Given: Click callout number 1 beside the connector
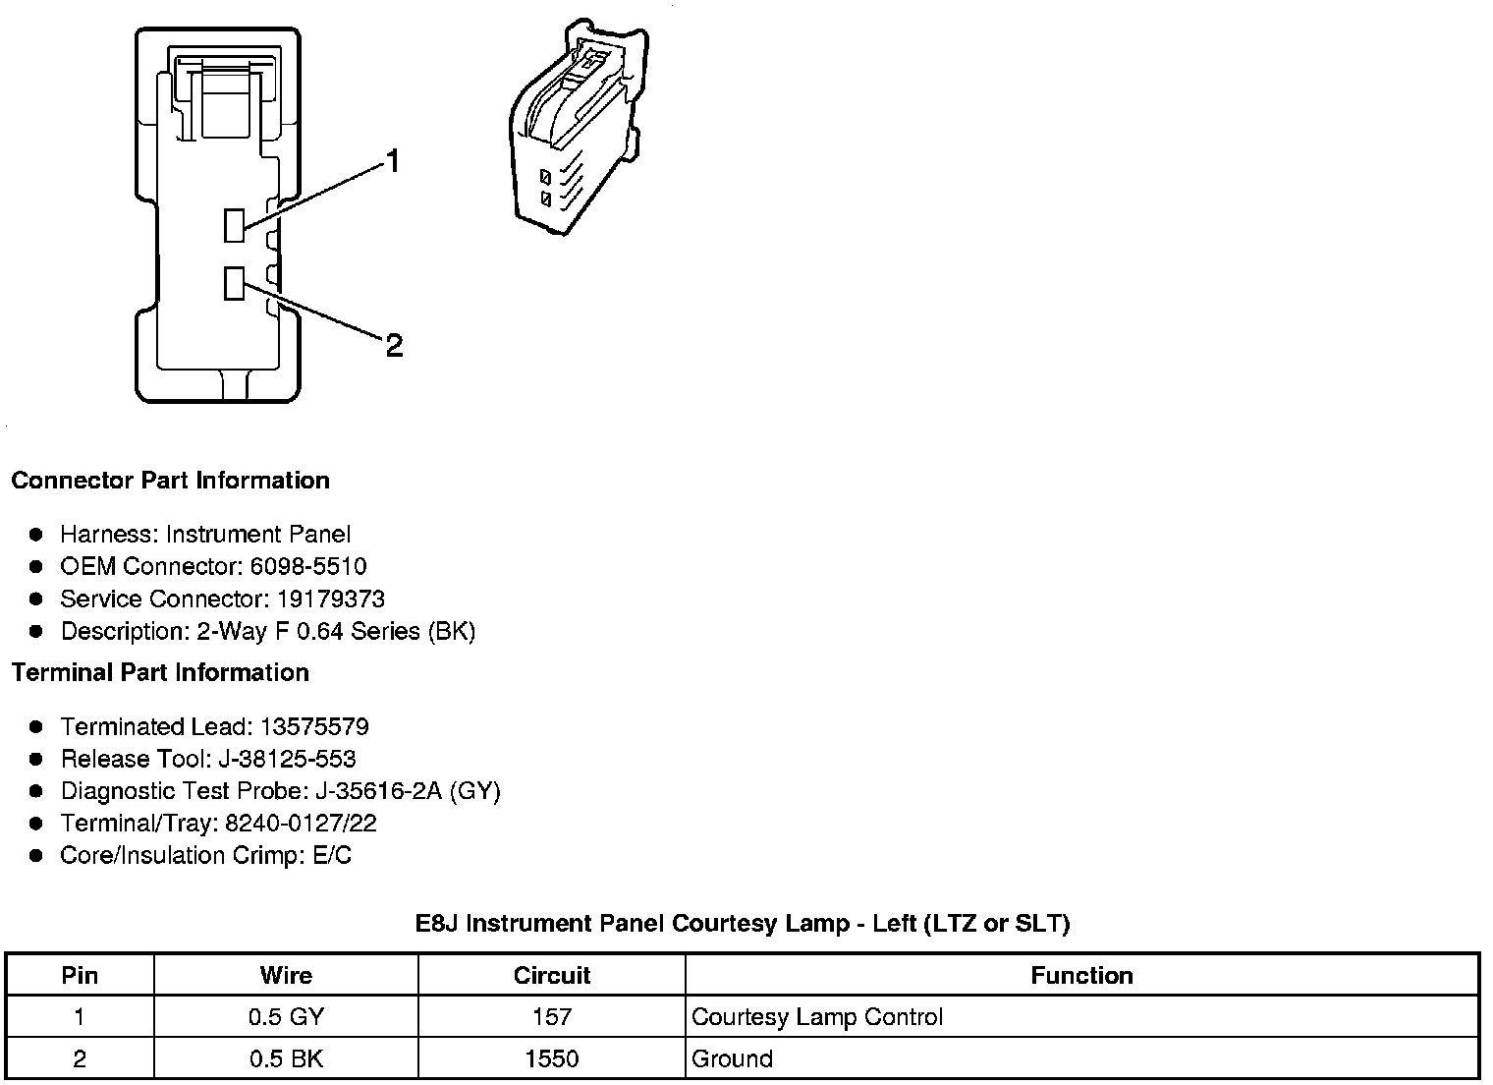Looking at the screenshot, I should [393, 161].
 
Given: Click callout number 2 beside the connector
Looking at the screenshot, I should [394, 345].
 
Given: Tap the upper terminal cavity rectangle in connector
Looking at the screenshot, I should [234, 225].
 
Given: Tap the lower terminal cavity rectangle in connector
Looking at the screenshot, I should [234, 283].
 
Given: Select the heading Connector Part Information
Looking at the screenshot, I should [170, 481].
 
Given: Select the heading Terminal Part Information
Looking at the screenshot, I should [160, 672].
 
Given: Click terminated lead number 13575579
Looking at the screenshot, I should [314, 726].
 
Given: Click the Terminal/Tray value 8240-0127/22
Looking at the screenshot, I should [301, 823].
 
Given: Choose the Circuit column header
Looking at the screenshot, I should [552, 975].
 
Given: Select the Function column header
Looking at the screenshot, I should [1081, 975].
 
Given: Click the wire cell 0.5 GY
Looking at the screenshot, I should [286, 1016].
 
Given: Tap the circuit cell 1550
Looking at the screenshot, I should [552, 1058].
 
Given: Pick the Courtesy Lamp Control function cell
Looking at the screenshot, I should [817, 1016].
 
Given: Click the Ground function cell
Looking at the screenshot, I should [732, 1058].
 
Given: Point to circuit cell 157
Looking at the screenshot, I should [552, 1016].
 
